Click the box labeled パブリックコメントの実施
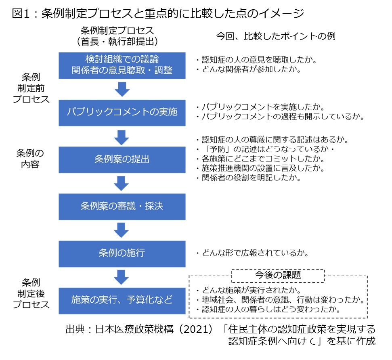point(122,113)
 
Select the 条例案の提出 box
point(122,160)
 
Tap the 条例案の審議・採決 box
point(122,207)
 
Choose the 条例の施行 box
point(122,254)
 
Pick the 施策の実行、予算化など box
point(122,301)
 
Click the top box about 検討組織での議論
point(122,65)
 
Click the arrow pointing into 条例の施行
point(122,230)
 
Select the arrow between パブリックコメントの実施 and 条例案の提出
point(122,138)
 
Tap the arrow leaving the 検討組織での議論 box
point(122,89)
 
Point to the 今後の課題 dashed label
point(278,275)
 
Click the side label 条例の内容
point(30,159)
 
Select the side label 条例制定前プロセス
point(31,88)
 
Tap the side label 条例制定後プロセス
point(31,293)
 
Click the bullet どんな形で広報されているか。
point(252,253)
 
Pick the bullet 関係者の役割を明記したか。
point(249,178)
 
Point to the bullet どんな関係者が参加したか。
point(249,69)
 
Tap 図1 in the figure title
point(21,13)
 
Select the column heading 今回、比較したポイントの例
point(275,36)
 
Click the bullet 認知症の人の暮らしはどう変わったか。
point(268,309)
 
